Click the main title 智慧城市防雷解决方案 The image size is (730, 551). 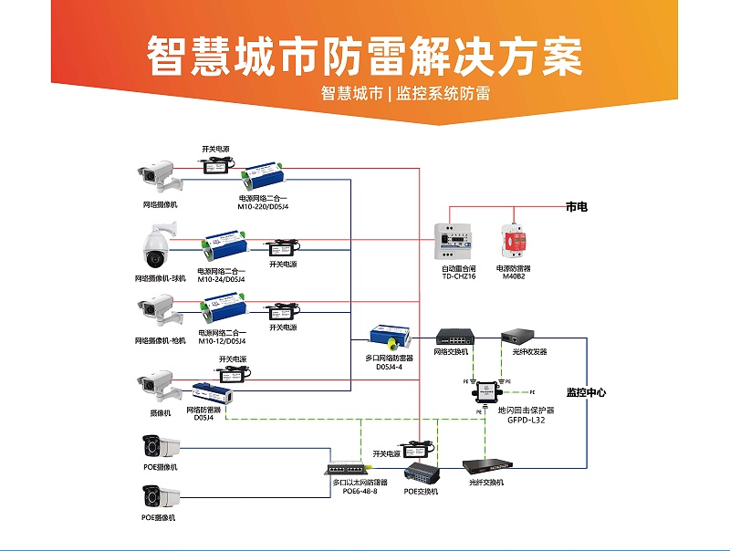pyautogui.click(x=364, y=57)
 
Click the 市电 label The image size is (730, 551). pyautogui.click(x=577, y=207)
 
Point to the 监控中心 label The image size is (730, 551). pyautogui.click(x=586, y=393)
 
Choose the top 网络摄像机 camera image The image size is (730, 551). pyautogui.click(x=157, y=172)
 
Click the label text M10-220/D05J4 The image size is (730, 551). pyautogui.click(x=264, y=207)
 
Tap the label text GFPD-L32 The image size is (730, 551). pyautogui.click(x=519, y=421)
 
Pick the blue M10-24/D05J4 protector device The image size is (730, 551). pyautogui.click(x=225, y=243)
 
